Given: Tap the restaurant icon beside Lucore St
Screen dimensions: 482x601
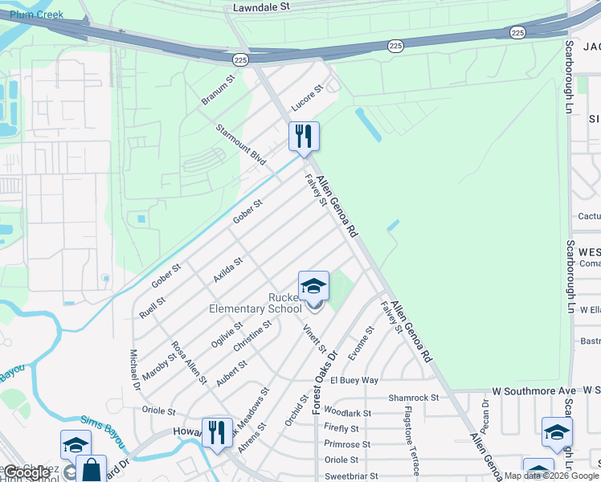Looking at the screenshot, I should pyautogui.click(x=304, y=136).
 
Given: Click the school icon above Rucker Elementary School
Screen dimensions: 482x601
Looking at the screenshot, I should pyautogui.click(x=313, y=285).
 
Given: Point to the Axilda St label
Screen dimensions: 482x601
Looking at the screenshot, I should pyautogui.click(x=227, y=270).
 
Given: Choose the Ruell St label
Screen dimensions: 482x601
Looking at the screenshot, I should pyautogui.click(x=151, y=308).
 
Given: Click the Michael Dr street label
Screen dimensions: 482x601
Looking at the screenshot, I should pyautogui.click(x=135, y=370).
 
